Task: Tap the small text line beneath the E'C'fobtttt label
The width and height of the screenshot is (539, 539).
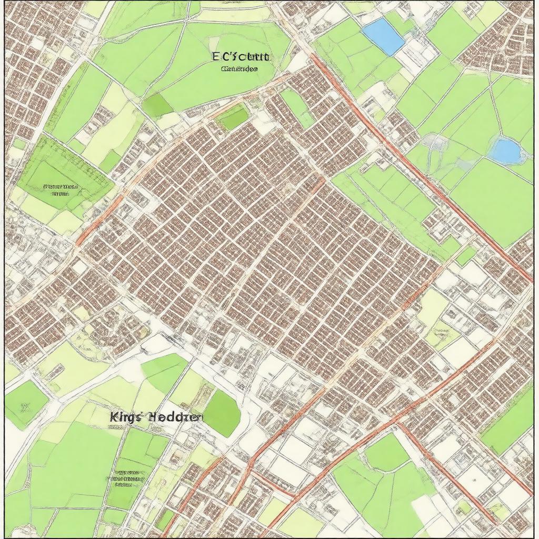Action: pyautogui.click(x=239, y=69)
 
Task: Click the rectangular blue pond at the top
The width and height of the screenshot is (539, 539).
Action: pyautogui.click(x=384, y=36)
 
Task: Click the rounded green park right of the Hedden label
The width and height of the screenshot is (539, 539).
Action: pyautogui.click(x=222, y=414)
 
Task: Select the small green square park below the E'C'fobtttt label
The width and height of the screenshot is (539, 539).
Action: pyautogui.click(x=233, y=117)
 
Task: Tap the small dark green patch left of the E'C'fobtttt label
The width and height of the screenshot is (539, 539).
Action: pyautogui.click(x=157, y=105)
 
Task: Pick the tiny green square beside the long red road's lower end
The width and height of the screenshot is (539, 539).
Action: pyautogui.click(x=466, y=256)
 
